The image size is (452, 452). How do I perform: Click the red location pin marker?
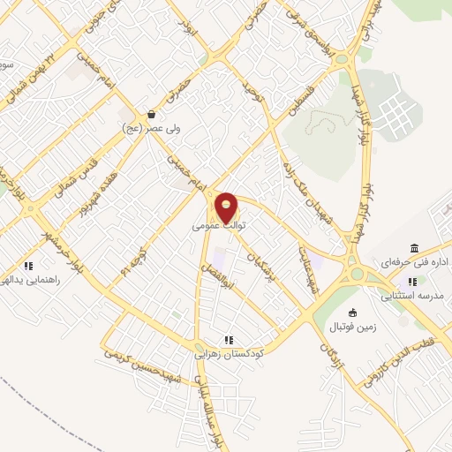[227, 207]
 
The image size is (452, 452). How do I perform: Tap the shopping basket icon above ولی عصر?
[152, 114]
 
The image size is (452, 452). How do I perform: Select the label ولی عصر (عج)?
[151, 128]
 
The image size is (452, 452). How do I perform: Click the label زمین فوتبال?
[353, 328]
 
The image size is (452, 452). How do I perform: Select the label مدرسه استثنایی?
[411, 296]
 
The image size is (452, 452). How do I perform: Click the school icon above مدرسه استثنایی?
[411, 282]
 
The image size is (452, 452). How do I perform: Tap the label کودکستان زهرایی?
[229, 353]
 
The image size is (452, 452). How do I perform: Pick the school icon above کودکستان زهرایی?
[229, 339]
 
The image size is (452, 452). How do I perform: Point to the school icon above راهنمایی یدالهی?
[29, 265]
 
